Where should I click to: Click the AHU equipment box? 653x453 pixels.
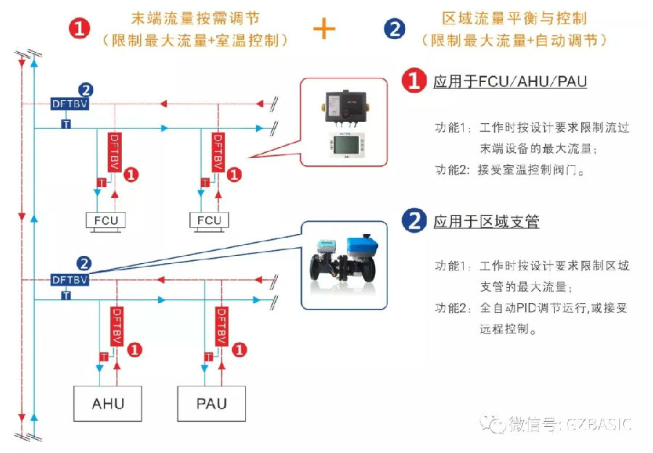(107, 403)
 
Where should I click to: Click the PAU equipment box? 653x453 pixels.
(212, 403)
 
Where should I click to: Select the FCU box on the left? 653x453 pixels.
(105, 220)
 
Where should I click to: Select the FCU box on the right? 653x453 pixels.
(209, 220)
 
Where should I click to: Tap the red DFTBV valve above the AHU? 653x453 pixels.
(115, 325)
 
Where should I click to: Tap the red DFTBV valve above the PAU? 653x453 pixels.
(221, 325)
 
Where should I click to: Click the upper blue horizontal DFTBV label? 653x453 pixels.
(70, 104)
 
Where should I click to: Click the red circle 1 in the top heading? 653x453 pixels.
(80, 28)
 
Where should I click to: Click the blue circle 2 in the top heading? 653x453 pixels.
(395, 28)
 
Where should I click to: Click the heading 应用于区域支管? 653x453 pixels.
(486, 222)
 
